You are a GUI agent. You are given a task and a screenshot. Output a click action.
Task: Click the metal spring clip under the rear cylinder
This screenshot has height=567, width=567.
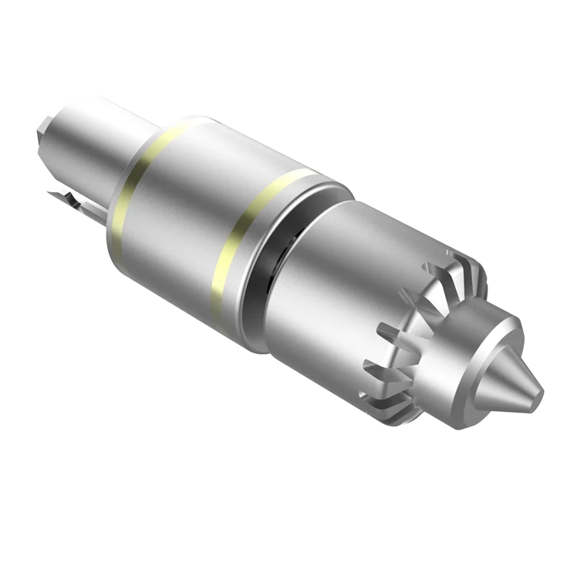pyautogui.click(x=77, y=202)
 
